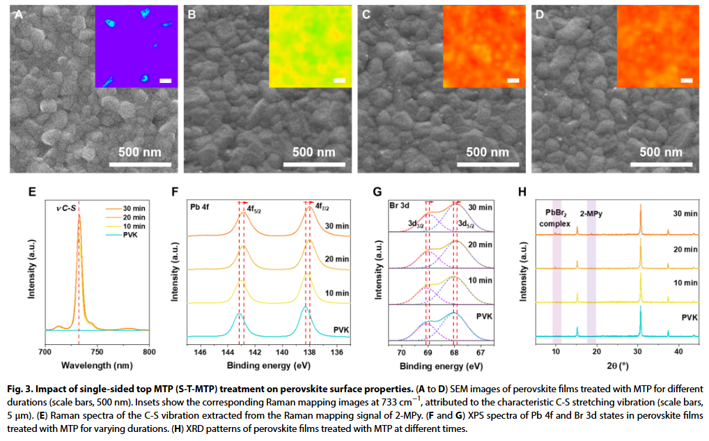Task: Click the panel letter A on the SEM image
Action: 17,14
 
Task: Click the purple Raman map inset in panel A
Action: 136,47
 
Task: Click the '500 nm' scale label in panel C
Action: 488,152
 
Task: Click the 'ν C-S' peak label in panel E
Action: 67,206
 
